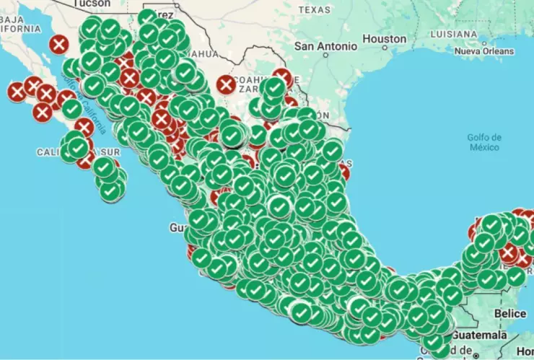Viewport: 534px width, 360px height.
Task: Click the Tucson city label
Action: pyautogui.click(x=92, y=4)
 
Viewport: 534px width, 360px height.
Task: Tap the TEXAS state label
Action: pyautogui.click(x=314, y=9)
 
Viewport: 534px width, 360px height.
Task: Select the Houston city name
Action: pyautogui.click(x=384, y=38)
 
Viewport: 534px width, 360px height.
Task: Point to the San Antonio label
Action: pyautogui.click(x=325, y=46)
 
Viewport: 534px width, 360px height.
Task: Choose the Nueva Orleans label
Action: pyautogui.click(x=484, y=51)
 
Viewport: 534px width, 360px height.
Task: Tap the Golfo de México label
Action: pyautogui.click(x=483, y=142)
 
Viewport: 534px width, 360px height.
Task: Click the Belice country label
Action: pyautogui.click(x=510, y=314)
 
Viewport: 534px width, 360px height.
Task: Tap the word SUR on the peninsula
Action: pyautogui.click(x=110, y=152)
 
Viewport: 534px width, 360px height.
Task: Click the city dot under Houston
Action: pyautogui.click(x=384, y=49)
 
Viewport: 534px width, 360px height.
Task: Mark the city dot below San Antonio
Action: pyautogui.click(x=325, y=57)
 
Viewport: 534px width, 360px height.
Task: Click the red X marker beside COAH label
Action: pyautogui.click(x=226, y=84)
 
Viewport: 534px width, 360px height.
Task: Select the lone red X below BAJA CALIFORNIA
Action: pyautogui.click(x=58, y=45)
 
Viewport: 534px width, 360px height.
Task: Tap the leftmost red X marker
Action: pyautogui.click(x=17, y=92)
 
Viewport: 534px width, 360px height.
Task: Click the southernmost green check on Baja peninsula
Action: pyautogui.click(x=111, y=191)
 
